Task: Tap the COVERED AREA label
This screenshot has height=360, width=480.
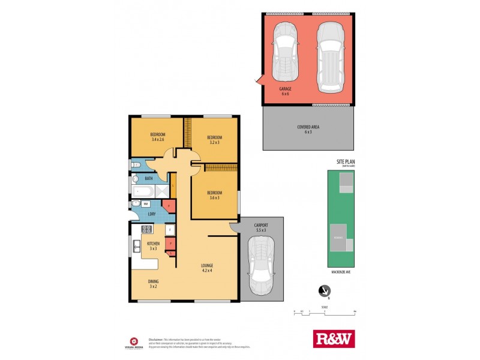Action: point(308,129)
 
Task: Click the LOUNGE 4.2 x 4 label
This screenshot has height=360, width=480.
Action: point(208,268)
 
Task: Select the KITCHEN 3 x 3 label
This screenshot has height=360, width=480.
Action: point(153,245)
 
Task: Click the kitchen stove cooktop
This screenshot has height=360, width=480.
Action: point(145,229)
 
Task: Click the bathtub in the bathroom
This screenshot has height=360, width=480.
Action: point(142,191)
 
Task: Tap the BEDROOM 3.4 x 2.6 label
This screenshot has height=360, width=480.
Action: point(158,137)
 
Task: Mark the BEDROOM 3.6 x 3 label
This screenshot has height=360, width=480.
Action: point(214,196)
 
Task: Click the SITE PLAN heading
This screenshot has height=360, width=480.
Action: point(348,162)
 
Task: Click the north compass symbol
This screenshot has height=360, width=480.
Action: point(325,292)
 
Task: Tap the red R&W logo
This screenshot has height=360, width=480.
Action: point(334,339)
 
